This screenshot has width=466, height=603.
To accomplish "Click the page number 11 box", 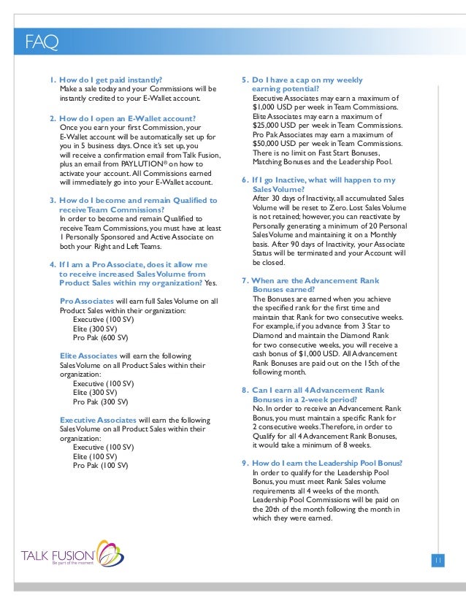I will [439, 560].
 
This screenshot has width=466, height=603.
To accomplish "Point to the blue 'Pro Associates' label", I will [86, 301].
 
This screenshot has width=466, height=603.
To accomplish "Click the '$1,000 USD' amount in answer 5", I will [272, 107].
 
